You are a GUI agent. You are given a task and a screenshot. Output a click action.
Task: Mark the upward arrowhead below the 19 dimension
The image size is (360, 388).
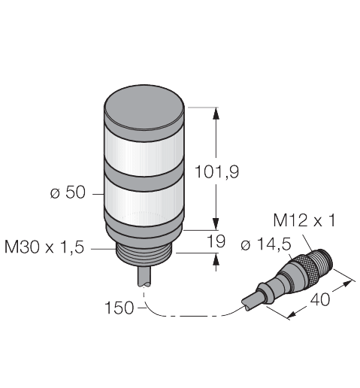217,260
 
